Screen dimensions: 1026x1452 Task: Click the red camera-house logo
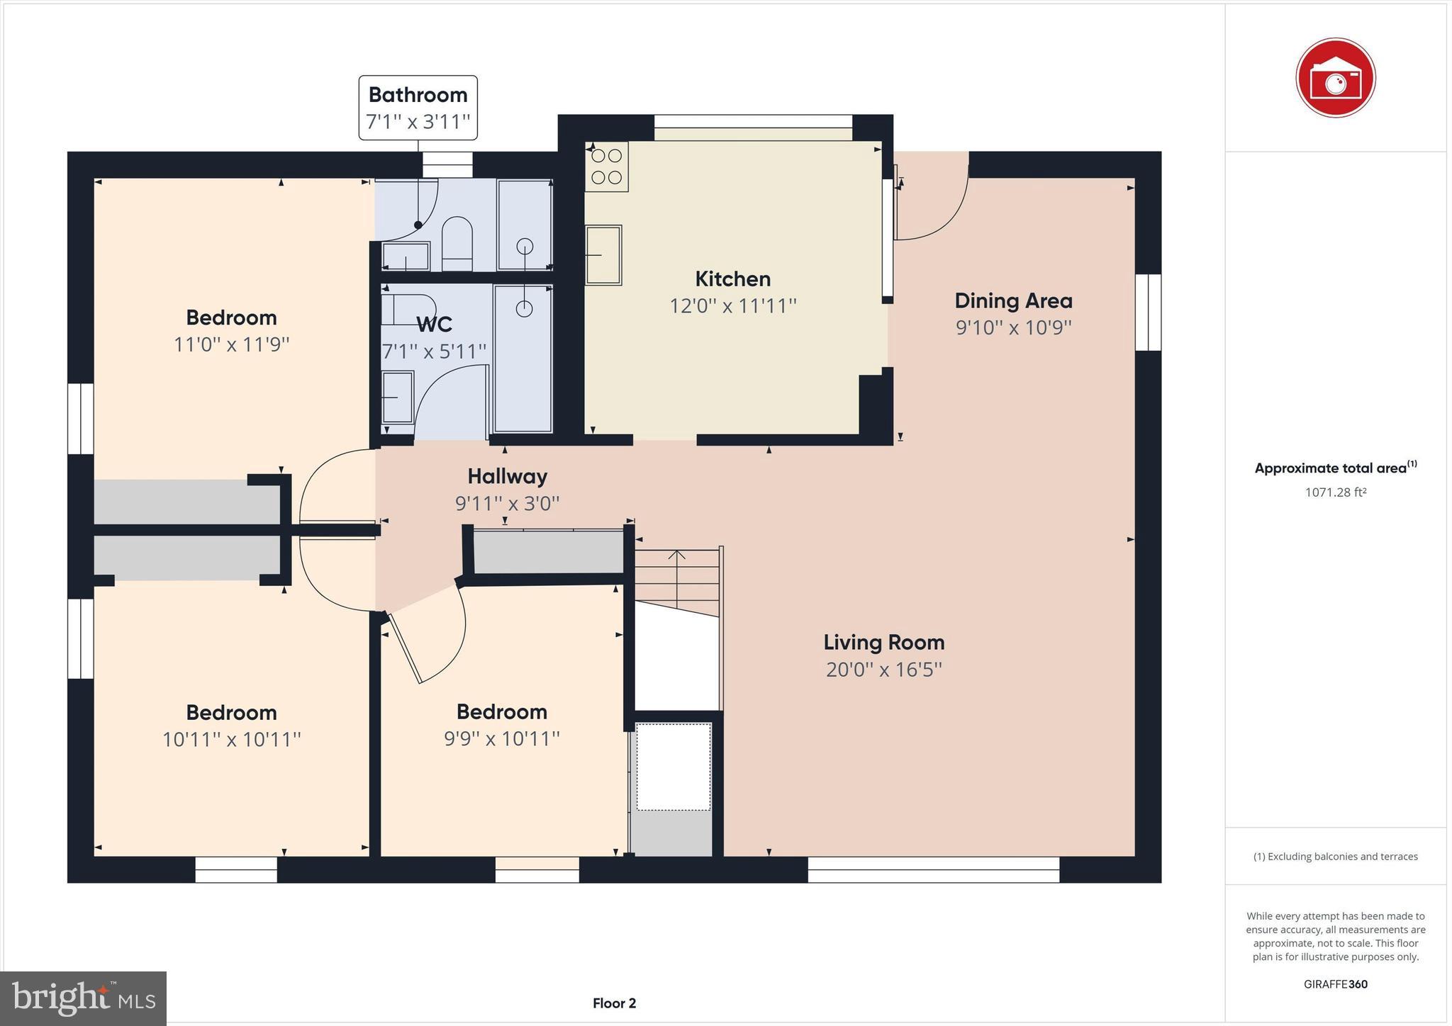pyautogui.click(x=1335, y=78)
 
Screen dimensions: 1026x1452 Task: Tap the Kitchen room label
pyautogui.click(x=732, y=278)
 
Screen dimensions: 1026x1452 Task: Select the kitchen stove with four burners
pyautogui.click(x=606, y=167)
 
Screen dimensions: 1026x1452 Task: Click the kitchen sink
pyautogui.click(x=603, y=254)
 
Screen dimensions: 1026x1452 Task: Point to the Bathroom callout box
pyautogui.click(x=418, y=108)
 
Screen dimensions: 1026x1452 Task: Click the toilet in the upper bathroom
pyautogui.click(x=457, y=243)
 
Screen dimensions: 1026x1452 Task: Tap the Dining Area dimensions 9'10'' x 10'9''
pyautogui.click(x=1013, y=328)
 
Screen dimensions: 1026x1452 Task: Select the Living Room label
pyautogui.click(x=883, y=643)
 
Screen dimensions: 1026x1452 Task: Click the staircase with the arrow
pyautogui.click(x=678, y=574)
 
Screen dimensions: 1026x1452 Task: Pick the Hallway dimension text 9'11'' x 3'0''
pyautogui.click(x=507, y=504)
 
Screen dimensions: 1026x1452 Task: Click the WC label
pyautogui.click(x=434, y=325)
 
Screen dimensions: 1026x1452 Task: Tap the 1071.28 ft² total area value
pyautogui.click(x=1335, y=492)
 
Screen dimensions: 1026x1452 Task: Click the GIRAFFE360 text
pyautogui.click(x=1335, y=984)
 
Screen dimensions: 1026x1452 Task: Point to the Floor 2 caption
pyautogui.click(x=614, y=1003)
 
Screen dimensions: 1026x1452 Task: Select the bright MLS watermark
pyautogui.click(x=84, y=999)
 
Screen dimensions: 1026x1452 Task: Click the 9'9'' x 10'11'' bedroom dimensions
pyautogui.click(x=501, y=739)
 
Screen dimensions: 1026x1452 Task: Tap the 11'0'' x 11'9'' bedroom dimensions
pyautogui.click(x=231, y=345)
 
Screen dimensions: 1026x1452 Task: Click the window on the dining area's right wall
pyautogui.click(x=1148, y=312)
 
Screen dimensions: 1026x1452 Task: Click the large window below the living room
pyautogui.click(x=933, y=869)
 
